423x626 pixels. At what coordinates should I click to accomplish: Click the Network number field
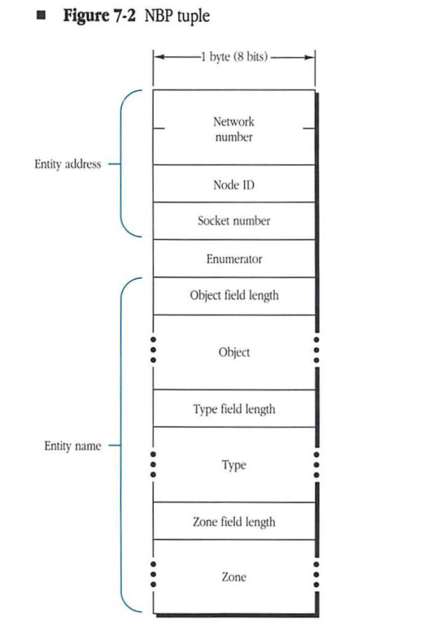pos(233,128)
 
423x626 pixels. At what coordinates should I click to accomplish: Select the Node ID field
pos(233,184)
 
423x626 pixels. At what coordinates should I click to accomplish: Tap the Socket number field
pos(233,220)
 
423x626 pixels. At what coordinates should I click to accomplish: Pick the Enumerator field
pos(233,259)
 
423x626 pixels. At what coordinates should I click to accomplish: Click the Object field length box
pos(233,296)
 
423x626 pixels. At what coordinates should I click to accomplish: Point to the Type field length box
pos(233,409)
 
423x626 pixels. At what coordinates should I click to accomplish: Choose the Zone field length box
pos(233,521)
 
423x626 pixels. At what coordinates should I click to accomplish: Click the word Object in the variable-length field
pos(233,353)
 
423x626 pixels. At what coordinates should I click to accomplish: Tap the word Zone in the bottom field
pos(233,577)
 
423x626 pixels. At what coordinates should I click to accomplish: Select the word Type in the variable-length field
pos(233,465)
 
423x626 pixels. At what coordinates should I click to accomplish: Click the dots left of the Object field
pos(152,352)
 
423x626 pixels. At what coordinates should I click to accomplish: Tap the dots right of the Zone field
pos(316,577)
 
